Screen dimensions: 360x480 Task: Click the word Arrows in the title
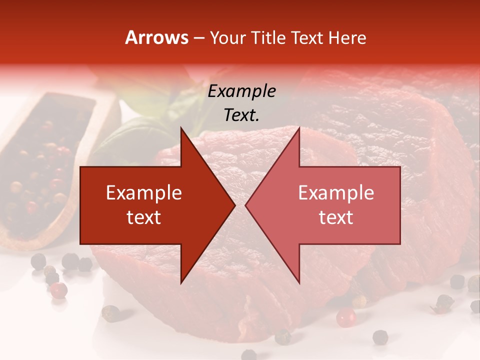[x=156, y=37]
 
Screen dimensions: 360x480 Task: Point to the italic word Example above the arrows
[x=241, y=91]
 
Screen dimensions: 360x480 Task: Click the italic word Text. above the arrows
[x=241, y=115]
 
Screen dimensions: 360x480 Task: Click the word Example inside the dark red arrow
[x=144, y=193]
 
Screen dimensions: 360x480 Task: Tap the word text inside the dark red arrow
[x=144, y=217]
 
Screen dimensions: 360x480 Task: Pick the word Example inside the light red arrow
[x=336, y=193]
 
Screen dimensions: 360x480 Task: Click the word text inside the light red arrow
[x=336, y=217]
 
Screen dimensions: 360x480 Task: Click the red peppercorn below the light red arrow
[x=345, y=317]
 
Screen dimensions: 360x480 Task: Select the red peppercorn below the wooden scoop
[x=59, y=289]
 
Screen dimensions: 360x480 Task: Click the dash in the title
[x=198, y=38]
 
